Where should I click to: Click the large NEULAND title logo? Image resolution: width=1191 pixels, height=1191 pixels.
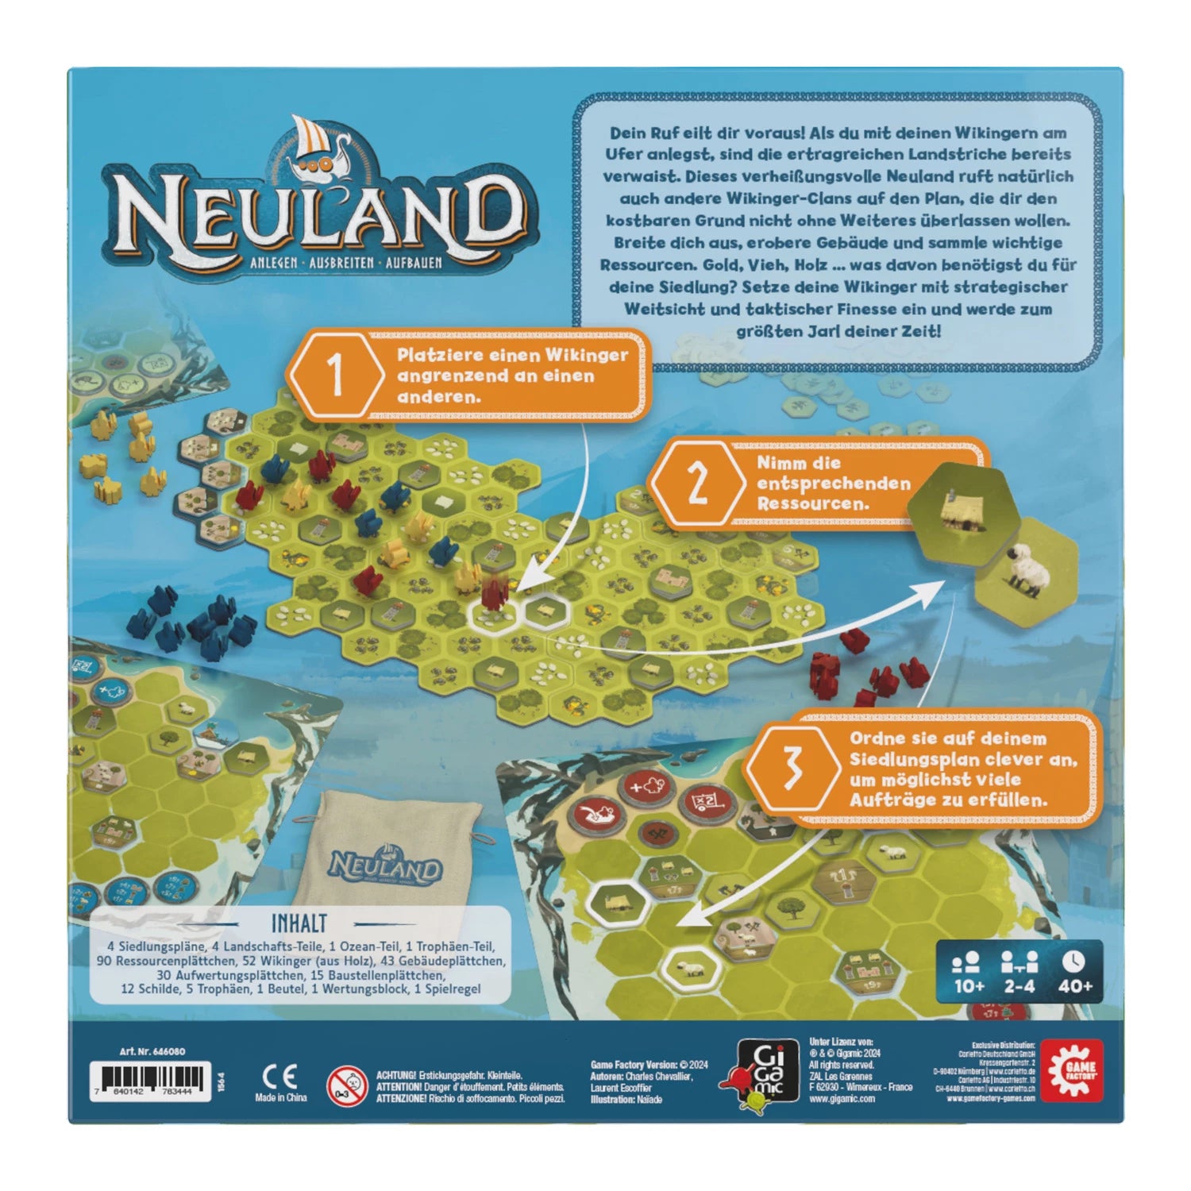(322, 214)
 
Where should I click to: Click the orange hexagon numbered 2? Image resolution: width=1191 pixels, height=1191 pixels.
(696, 483)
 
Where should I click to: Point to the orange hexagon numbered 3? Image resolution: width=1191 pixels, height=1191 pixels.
(792, 768)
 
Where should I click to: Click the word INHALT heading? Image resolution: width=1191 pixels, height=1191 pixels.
(299, 923)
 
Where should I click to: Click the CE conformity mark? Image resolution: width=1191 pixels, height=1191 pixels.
(280, 1077)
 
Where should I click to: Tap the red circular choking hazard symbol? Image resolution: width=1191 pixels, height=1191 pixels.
(346, 1085)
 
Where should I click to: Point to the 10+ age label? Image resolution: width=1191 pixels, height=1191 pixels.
(969, 985)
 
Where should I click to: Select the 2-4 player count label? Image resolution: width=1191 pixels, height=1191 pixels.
(1019, 985)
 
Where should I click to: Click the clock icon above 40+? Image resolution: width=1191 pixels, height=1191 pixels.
(1073, 961)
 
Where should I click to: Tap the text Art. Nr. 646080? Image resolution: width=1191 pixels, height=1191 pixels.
(152, 1050)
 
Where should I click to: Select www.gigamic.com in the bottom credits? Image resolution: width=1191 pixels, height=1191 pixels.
(842, 1099)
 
